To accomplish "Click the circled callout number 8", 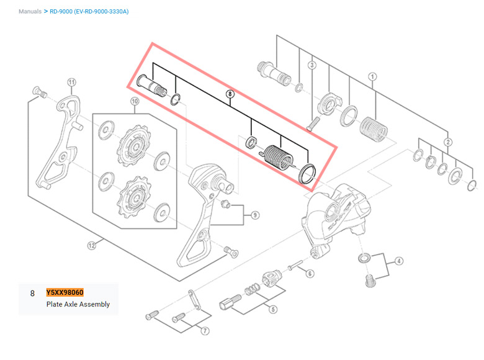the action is [230, 94].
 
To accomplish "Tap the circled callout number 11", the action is [71, 83].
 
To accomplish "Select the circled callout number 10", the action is [135, 101].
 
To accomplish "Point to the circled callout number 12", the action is [92, 245].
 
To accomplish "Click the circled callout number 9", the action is [255, 215].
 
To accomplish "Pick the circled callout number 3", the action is [312, 65].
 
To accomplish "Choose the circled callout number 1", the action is [372, 76].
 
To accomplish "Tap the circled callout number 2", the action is [448, 142].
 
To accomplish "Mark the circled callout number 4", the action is [399, 261].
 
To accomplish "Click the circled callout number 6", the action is [310, 274].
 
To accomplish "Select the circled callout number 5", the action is [273, 309].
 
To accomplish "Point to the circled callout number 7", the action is [205, 331].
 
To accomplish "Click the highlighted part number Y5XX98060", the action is [65, 292].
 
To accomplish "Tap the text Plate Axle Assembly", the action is [78, 304].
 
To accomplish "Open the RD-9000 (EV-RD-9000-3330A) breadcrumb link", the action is [89, 12].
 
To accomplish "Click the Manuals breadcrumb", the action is [30, 12].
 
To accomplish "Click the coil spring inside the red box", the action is [278, 157].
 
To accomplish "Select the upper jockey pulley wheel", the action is [134, 145].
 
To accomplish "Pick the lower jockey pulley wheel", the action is [133, 197].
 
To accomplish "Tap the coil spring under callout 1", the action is [374, 129].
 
